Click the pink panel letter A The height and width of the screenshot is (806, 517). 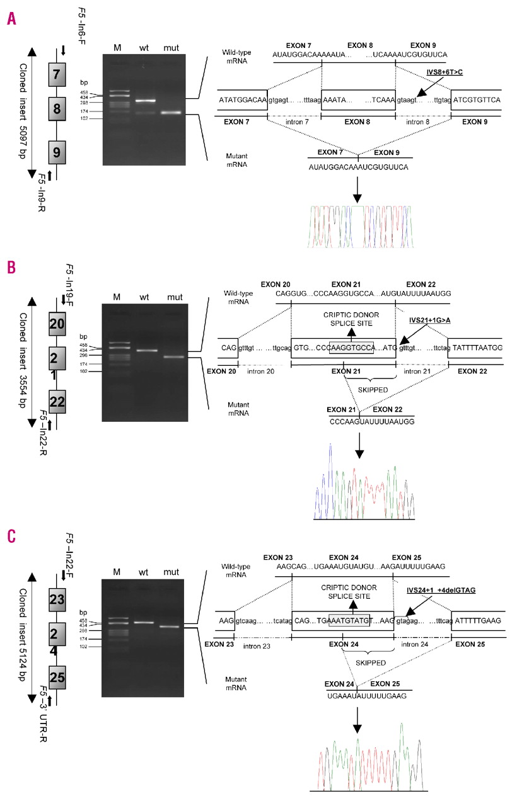coord(11,18)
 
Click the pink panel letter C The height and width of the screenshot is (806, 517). coord(11,537)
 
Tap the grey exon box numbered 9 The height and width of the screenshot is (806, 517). coord(57,152)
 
